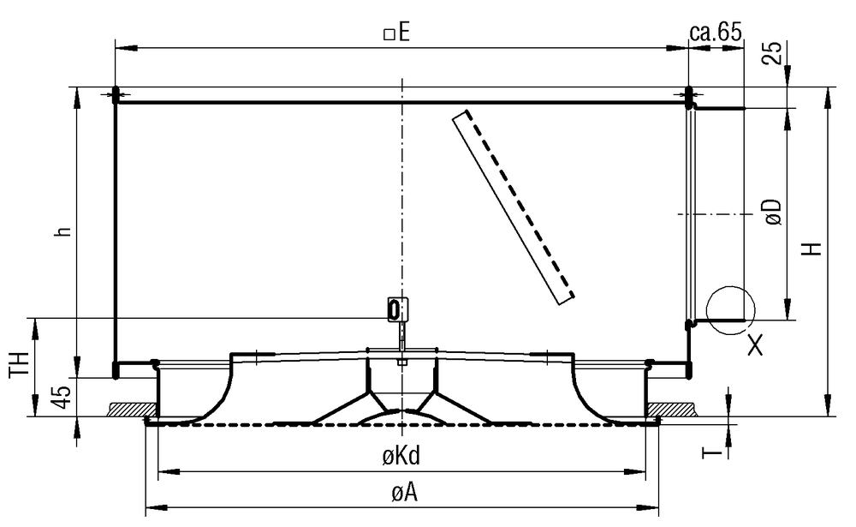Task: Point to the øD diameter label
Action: [x=773, y=212]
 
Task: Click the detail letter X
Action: [x=755, y=346]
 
